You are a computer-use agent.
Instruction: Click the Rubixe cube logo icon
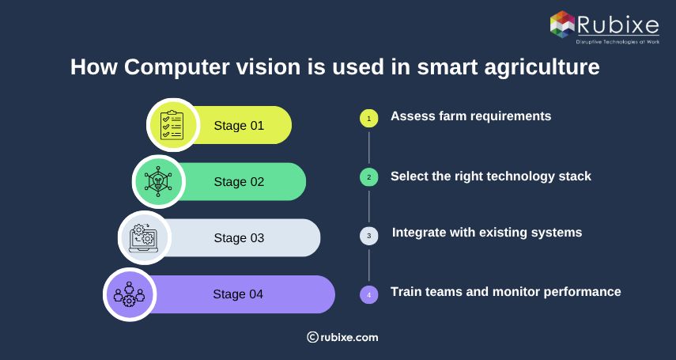(562, 24)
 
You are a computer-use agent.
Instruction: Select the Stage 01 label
(239, 125)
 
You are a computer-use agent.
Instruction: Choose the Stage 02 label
(239, 181)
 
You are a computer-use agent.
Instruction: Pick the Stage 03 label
(239, 237)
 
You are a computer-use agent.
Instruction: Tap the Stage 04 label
(238, 294)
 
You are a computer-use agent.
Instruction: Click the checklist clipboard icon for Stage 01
(172, 125)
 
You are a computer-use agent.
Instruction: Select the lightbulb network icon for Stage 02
(158, 181)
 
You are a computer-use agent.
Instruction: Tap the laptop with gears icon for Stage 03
(144, 237)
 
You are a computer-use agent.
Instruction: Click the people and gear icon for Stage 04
(130, 294)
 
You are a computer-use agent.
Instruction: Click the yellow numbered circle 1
(368, 118)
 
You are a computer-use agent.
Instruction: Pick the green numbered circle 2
(368, 177)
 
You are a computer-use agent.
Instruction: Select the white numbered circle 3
(368, 236)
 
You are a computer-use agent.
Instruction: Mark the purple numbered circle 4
(368, 295)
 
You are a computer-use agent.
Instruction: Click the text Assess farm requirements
(470, 116)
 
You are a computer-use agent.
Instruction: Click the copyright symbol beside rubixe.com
(312, 337)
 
